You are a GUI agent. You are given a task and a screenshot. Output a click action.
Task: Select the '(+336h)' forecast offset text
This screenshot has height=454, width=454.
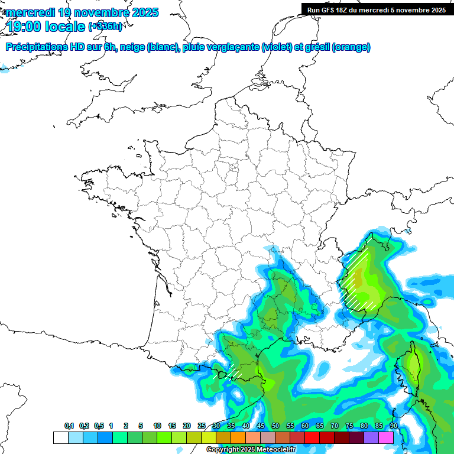tap(105, 27)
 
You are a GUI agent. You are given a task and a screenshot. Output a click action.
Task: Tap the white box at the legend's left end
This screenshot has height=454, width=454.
tap(60, 438)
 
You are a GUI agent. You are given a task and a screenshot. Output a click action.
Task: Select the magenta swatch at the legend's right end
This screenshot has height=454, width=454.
tap(386, 438)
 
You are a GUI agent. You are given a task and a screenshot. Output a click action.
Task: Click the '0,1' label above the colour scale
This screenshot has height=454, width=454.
tap(69, 426)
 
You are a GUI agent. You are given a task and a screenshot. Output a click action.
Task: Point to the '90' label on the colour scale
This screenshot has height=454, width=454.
tap(394, 426)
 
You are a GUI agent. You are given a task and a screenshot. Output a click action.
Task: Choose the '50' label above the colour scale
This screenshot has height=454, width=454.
tap(275, 426)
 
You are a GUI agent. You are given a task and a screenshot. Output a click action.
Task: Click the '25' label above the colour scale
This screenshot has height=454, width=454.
tap(202, 426)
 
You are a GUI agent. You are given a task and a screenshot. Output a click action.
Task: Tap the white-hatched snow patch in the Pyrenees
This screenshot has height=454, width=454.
tap(234, 372)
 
